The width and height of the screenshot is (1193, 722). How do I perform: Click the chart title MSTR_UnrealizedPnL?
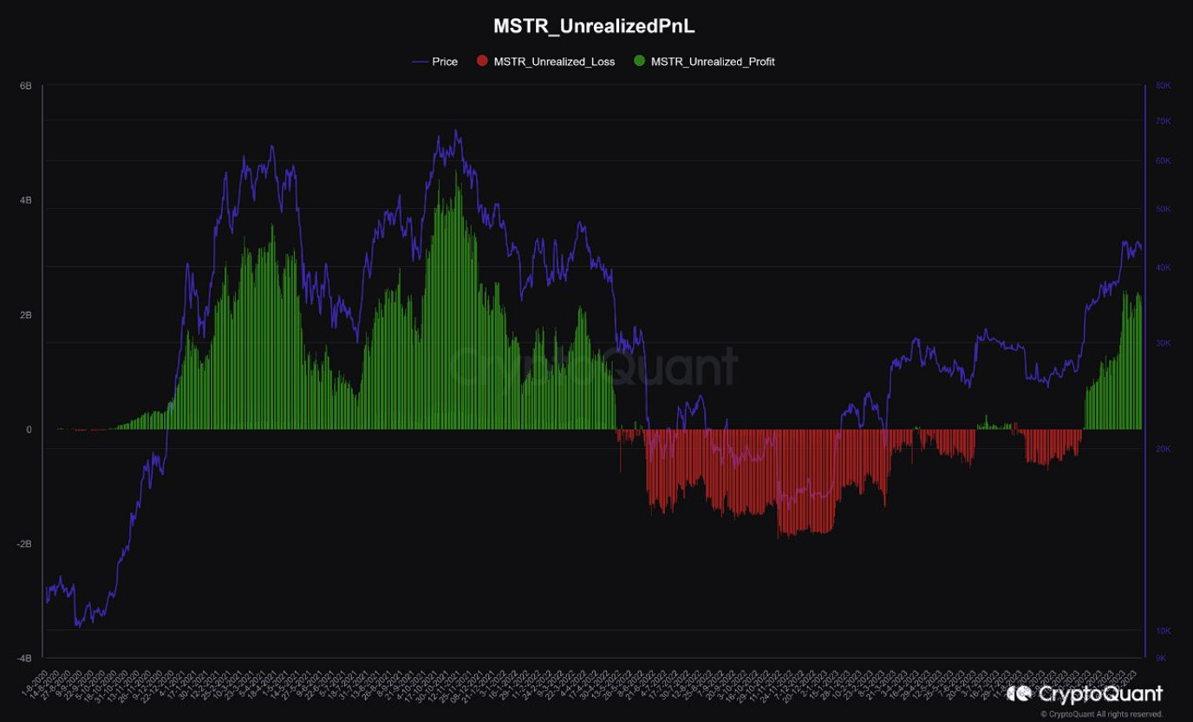click(594, 27)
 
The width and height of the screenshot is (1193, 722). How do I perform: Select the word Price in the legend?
click(445, 62)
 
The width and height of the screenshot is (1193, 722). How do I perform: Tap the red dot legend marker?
click(482, 62)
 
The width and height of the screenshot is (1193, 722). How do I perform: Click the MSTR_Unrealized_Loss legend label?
click(554, 62)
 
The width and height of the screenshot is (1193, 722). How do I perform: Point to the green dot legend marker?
click(640, 62)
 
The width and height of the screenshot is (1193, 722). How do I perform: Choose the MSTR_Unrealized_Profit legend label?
click(713, 62)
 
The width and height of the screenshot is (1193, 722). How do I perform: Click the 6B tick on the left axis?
click(26, 87)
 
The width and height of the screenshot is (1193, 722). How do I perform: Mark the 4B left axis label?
click(26, 201)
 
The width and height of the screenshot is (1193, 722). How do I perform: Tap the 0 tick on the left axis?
click(29, 430)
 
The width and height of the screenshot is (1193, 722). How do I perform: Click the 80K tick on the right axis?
click(1164, 86)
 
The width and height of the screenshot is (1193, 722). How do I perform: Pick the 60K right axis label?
click(1164, 161)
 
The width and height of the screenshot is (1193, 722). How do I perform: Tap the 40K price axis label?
click(1164, 268)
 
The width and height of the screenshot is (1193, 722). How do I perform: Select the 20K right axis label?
click(1164, 449)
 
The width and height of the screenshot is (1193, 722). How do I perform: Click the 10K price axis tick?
click(1164, 630)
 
